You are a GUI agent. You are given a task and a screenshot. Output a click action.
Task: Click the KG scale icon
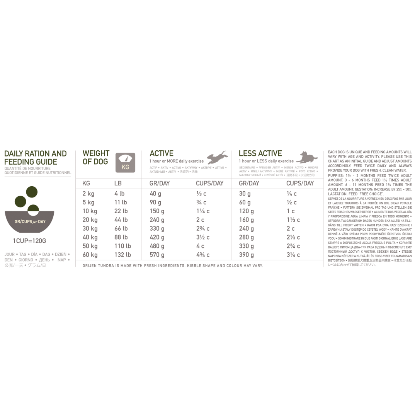click(125, 162)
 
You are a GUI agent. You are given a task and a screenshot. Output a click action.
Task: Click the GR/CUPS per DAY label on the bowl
click(29, 221)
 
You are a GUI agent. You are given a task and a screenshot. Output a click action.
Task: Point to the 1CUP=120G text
click(29, 241)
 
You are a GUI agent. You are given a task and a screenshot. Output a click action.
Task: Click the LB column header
click(118, 183)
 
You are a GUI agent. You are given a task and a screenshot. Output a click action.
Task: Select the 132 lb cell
click(122, 255)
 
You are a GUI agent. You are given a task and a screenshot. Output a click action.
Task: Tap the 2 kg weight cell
click(88, 194)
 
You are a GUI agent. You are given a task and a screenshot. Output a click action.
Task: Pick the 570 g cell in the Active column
click(157, 255)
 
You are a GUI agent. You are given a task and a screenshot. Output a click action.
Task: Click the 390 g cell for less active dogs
click(246, 255)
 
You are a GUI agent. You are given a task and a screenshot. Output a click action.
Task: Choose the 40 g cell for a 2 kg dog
click(155, 194)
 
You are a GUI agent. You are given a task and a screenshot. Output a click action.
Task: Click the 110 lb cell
click(122, 246)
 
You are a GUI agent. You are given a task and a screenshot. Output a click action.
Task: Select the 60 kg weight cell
click(90, 255)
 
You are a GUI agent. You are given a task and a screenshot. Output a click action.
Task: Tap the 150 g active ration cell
click(157, 211)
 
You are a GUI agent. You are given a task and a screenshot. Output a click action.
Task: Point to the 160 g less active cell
click(246, 220)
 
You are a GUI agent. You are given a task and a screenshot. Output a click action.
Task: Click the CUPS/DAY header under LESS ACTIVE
click(300, 183)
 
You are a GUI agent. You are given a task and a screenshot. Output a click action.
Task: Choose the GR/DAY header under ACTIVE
click(160, 183)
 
